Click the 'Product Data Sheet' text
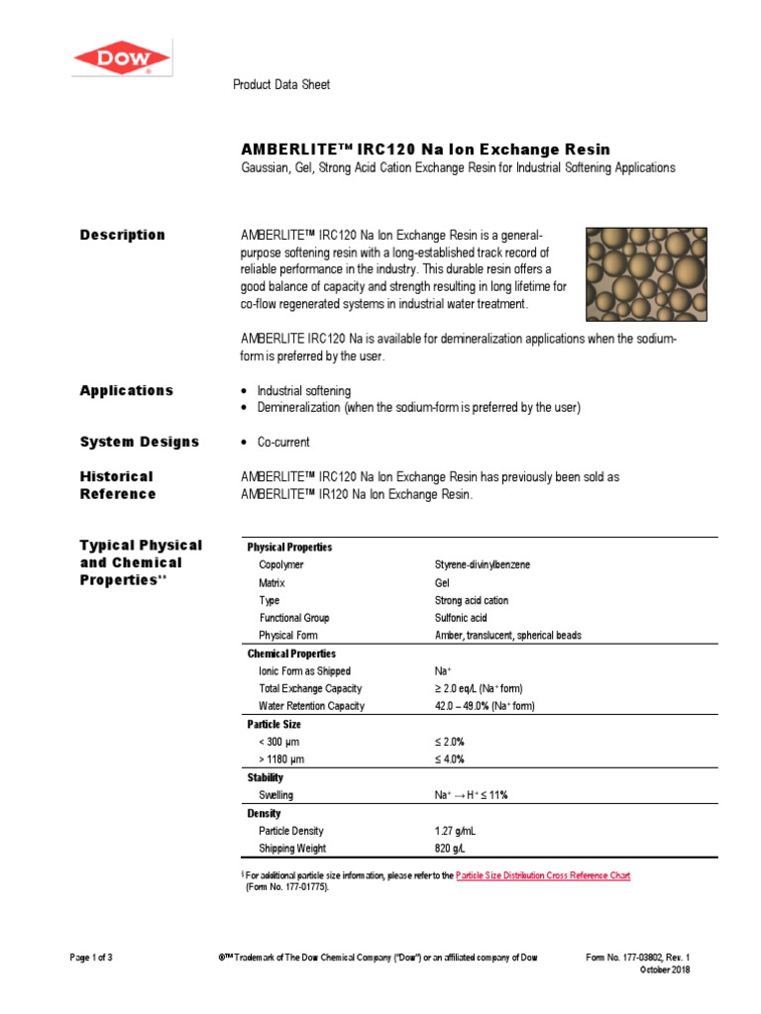tap(281, 85)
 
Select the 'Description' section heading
tap(122, 235)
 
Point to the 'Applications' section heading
tap(126, 390)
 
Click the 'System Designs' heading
tap(139, 442)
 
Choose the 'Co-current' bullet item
tap(283, 442)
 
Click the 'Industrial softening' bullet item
tap(303, 391)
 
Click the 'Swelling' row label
tap(275, 795)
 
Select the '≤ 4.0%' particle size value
tap(449, 760)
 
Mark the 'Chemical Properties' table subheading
tap(291, 654)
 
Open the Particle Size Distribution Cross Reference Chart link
tap(542, 875)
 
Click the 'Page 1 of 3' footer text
tap(98, 958)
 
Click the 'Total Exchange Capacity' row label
tap(310, 688)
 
